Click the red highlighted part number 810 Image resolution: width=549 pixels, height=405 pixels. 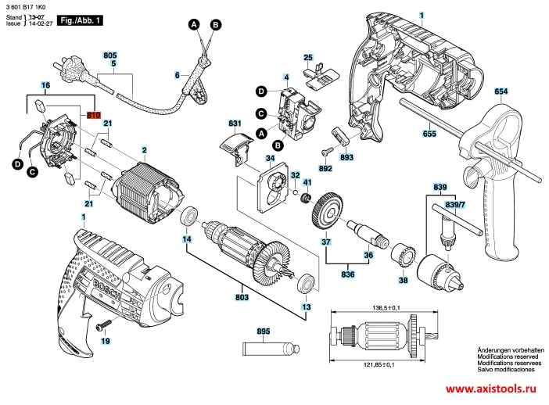(x=94, y=115)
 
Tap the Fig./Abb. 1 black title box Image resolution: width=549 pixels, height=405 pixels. (x=82, y=20)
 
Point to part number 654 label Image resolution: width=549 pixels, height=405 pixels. (x=501, y=92)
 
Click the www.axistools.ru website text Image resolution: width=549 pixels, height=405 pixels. (x=495, y=389)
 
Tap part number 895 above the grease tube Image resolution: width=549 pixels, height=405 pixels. (x=264, y=332)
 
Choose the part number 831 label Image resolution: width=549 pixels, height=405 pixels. (x=234, y=124)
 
